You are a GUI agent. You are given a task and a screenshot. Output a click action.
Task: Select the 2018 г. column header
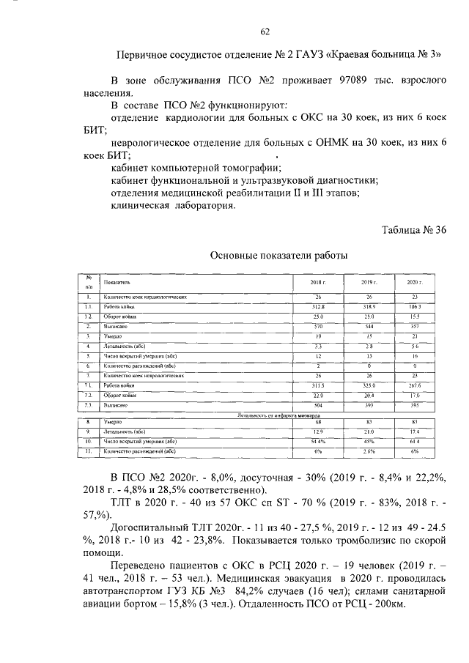click(318, 282)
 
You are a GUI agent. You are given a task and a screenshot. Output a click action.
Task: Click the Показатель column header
click(117, 282)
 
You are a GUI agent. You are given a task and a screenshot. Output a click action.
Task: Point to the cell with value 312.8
click(318, 306)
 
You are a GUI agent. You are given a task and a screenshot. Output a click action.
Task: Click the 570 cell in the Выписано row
click(318, 325)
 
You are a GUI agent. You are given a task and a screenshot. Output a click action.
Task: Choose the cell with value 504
click(318, 404)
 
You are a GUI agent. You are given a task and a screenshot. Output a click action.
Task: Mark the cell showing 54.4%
click(318, 442)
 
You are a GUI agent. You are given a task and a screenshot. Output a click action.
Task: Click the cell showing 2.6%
click(368, 452)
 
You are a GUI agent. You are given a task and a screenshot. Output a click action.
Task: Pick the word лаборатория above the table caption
click(203, 207)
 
